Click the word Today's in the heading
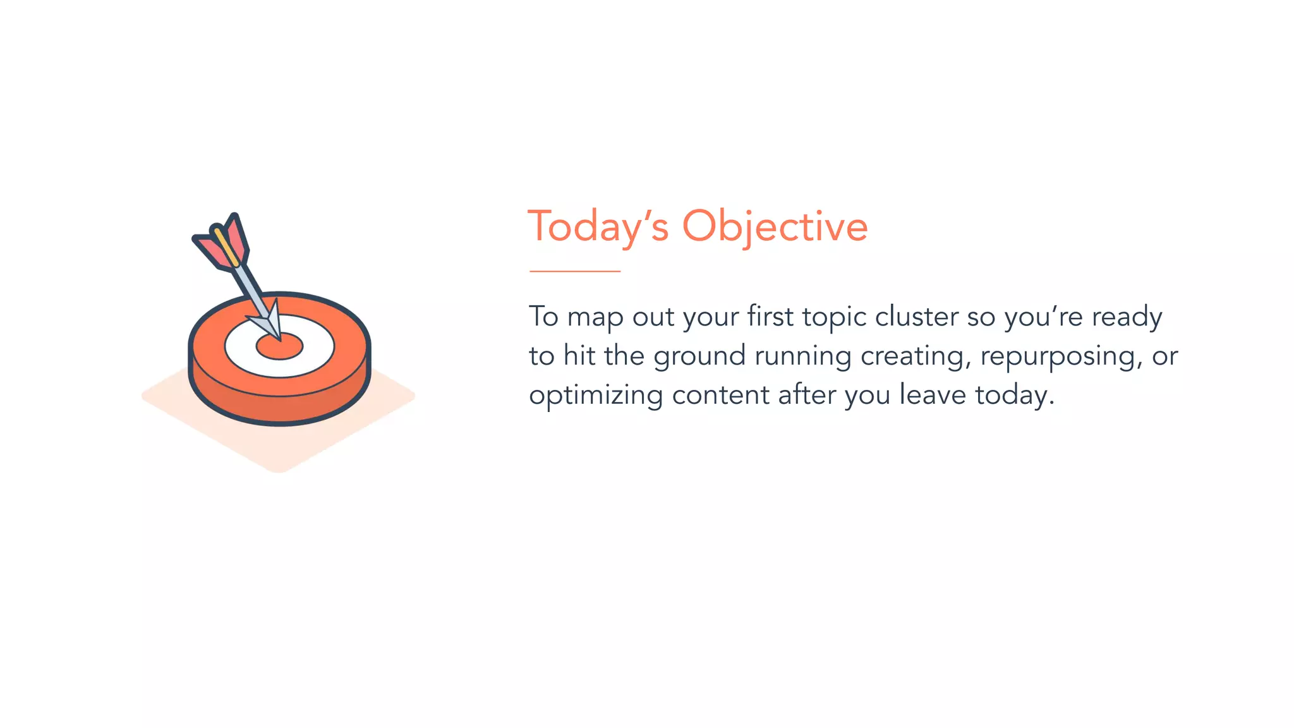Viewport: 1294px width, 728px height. (598, 226)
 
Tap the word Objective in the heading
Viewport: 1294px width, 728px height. (775, 226)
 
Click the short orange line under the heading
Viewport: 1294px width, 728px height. (575, 271)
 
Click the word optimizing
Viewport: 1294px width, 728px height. (596, 396)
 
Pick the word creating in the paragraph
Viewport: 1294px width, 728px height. (916, 356)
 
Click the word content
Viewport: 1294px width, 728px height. (720, 396)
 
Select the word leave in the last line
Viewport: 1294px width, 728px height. (933, 396)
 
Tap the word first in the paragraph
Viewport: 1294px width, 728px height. (770, 317)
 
